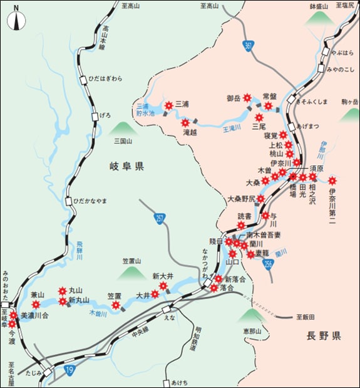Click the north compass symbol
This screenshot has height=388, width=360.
click(x=16, y=19)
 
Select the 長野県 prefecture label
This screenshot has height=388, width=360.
click(x=323, y=336)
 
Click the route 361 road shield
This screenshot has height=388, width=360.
click(x=250, y=46)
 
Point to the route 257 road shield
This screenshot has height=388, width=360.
click(x=160, y=218)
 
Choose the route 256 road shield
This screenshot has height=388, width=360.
click(x=269, y=265)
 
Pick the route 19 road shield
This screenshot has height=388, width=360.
click(x=69, y=371)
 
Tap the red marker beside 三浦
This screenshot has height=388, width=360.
click(x=168, y=105)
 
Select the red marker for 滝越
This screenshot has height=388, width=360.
click(x=185, y=122)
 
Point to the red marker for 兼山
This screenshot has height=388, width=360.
click(x=36, y=305)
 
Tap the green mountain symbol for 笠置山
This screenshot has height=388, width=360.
click(x=131, y=271)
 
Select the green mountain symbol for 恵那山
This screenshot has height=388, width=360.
click(x=252, y=315)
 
